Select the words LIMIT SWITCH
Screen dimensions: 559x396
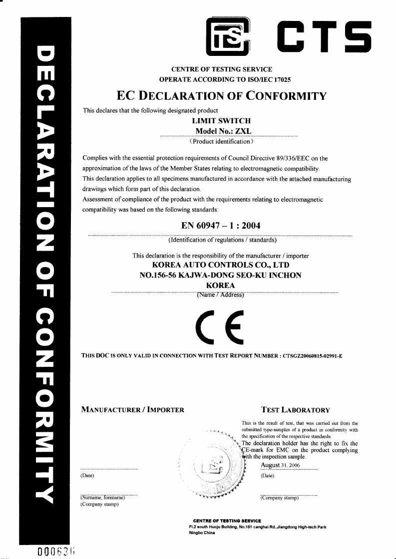click(x=221, y=121)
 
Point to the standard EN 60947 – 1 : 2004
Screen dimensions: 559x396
click(x=221, y=226)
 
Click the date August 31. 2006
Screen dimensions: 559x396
click(x=280, y=465)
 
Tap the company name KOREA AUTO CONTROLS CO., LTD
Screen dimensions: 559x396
click(x=220, y=265)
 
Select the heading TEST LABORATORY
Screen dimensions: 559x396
click(x=295, y=410)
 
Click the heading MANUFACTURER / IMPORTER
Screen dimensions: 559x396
click(x=132, y=410)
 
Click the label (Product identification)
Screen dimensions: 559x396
click(x=221, y=142)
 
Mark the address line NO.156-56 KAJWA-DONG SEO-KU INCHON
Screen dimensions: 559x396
click(x=220, y=275)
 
